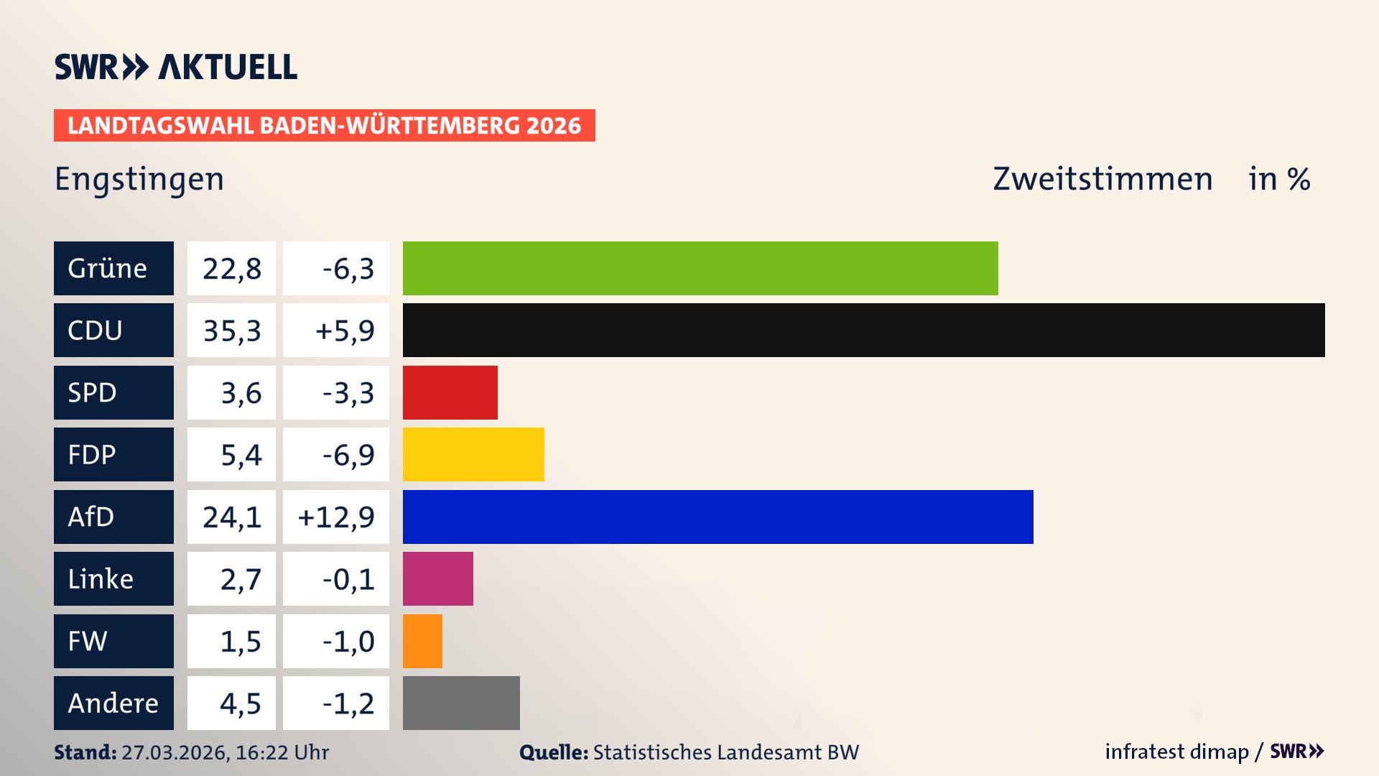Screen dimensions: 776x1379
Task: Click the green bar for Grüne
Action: coord(700,268)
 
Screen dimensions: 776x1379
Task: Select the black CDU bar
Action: coord(863,330)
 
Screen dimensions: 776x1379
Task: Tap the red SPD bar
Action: coord(450,392)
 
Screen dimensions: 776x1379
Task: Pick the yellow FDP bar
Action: coord(473,454)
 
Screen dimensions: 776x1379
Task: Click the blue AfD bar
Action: coord(718,517)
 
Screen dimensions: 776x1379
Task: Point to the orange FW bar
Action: coord(422,641)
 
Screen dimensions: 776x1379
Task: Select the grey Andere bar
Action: coord(461,703)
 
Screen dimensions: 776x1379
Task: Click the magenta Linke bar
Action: coord(437,578)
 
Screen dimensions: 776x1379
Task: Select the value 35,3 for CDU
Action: coord(231,331)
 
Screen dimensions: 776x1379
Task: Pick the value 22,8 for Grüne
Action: coord(231,269)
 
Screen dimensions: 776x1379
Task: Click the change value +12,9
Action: coord(336,517)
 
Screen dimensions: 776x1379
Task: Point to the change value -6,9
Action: coord(348,455)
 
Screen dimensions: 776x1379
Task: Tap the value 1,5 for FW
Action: coord(240,641)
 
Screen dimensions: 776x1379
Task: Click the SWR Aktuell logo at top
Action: coord(176,67)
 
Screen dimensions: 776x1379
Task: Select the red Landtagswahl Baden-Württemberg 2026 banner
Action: coord(324,126)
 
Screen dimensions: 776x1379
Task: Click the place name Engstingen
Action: coord(139,179)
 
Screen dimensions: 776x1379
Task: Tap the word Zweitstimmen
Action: coord(1102,179)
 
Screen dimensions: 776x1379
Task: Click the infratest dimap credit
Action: coord(1176,752)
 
